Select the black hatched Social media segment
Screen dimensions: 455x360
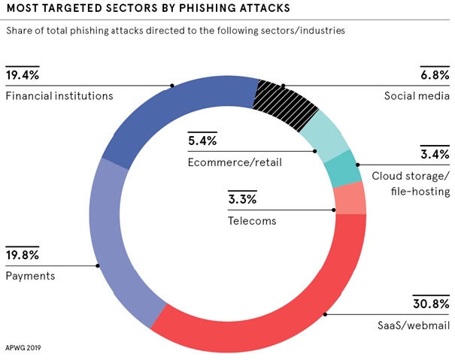[x=286, y=104]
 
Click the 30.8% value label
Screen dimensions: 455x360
[x=431, y=304]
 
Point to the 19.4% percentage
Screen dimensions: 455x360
[x=23, y=75]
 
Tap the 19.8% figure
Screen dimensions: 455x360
[x=23, y=255]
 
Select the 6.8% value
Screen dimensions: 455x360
[x=435, y=75]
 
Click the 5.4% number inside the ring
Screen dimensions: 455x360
[x=202, y=141]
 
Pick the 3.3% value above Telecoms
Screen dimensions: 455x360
[x=242, y=199]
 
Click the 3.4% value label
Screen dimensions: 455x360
[x=435, y=154]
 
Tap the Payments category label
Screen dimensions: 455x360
[x=31, y=276]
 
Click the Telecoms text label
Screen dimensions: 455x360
[x=252, y=221]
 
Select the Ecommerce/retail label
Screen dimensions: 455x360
[x=235, y=162]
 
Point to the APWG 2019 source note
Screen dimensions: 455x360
[x=23, y=347]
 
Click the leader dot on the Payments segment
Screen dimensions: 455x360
[x=98, y=266]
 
